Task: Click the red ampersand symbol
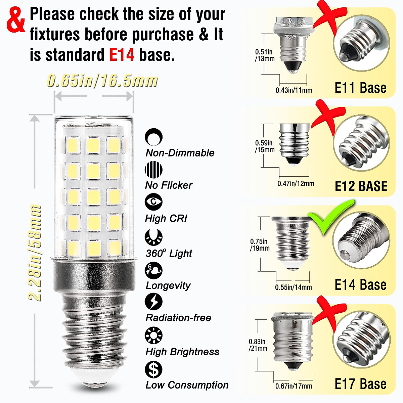click(x=16, y=21)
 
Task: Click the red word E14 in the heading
click(x=122, y=55)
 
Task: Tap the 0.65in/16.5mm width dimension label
click(x=102, y=81)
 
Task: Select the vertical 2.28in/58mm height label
click(x=35, y=253)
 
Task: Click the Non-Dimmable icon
click(x=154, y=137)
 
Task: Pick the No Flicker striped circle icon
click(x=154, y=170)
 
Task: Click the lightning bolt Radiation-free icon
click(x=154, y=301)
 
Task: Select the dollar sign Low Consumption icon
click(x=154, y=369)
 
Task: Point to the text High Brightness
click(x=182, y=352)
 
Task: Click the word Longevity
click(x=168, y=285)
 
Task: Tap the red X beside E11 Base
click(x=327, y=17)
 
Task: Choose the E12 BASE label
click(x=361, y=186)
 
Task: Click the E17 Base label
click(x=360, y=384)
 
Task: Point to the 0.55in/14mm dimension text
click(x=293, y=287)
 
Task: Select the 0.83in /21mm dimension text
click(x=258, y=345)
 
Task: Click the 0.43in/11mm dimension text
click(x=294, y=90)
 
